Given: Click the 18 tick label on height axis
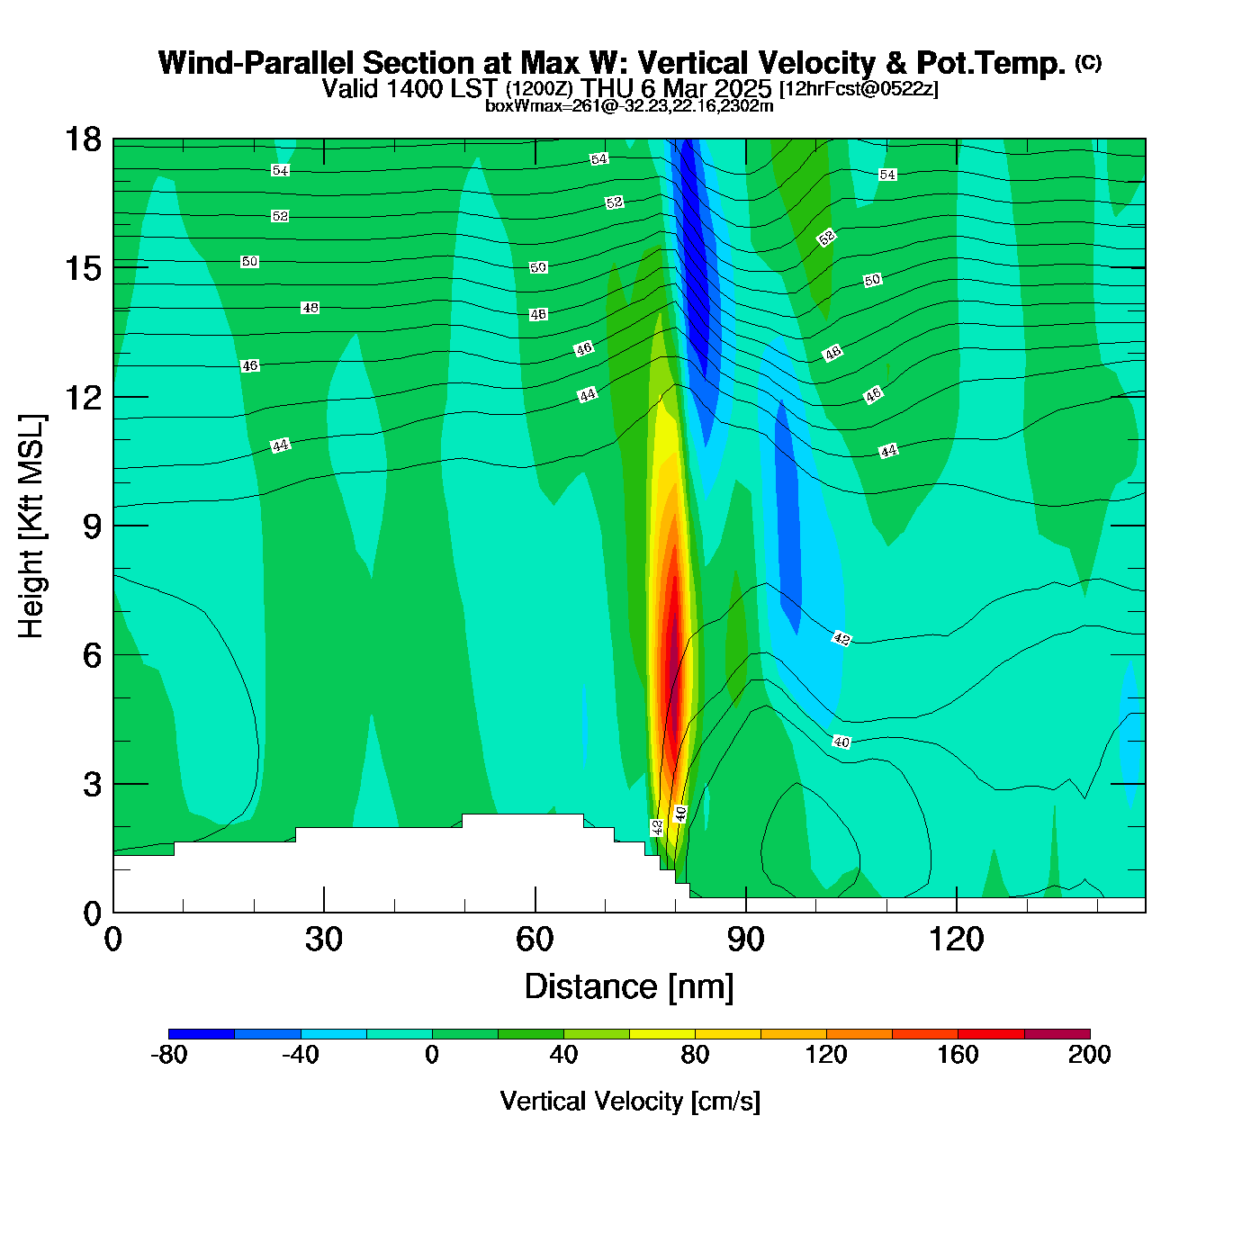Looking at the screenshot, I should [x=82, y=139].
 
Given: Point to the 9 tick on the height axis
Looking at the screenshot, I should [x=113, y=526].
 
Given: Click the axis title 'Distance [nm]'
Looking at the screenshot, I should [x=629, y=987].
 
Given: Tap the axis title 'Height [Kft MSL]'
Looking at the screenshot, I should [x=31, y=526].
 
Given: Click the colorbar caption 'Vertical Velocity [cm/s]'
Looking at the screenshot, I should [x=630, y=1101].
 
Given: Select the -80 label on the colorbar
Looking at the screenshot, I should [x=169, y=1055].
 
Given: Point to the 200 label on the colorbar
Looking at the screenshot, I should [x=1089, y=1055].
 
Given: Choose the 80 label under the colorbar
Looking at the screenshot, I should [x=695, y=1055].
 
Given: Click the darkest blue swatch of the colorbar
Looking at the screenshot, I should [x=202, y=1034].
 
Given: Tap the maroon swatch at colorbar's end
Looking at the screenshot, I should [x=1057, y=1034].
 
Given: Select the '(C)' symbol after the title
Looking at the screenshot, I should [x=1088, y=62].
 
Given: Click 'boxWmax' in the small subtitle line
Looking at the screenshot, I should [x=513, y=106].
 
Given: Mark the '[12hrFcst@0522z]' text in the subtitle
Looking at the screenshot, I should [x=859, y=89].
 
